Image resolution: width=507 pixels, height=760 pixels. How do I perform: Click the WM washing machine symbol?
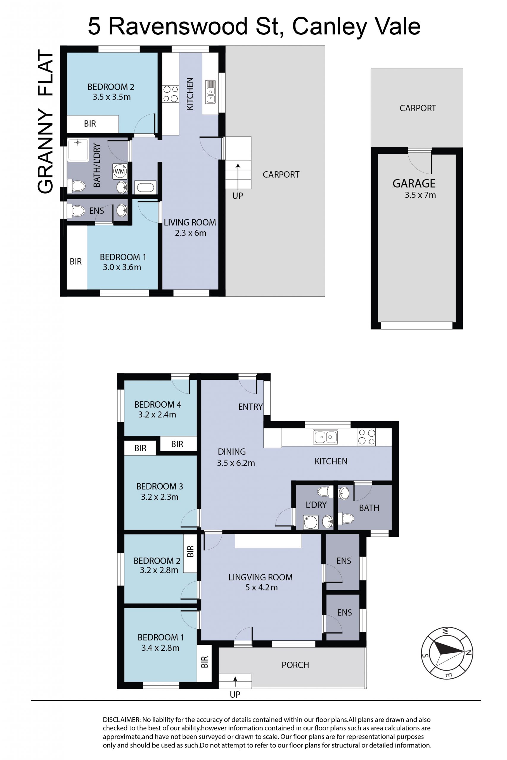120,171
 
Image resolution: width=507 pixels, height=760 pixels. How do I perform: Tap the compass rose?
447,653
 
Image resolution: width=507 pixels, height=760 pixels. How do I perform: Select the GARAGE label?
414,183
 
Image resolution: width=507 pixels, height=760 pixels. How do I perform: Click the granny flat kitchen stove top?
170,94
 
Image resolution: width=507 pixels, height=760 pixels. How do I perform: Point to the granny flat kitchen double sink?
211,92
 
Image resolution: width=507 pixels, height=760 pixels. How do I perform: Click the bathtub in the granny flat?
146,187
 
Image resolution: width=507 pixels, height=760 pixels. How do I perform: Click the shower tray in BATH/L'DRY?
78,150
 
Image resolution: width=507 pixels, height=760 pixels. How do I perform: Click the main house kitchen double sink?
326,437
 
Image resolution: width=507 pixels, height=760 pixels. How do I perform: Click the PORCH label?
295,665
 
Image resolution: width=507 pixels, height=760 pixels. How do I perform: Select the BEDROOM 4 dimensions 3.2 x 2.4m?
157,414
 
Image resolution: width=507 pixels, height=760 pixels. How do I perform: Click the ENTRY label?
250,407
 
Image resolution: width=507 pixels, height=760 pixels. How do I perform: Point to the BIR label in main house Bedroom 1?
204,662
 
